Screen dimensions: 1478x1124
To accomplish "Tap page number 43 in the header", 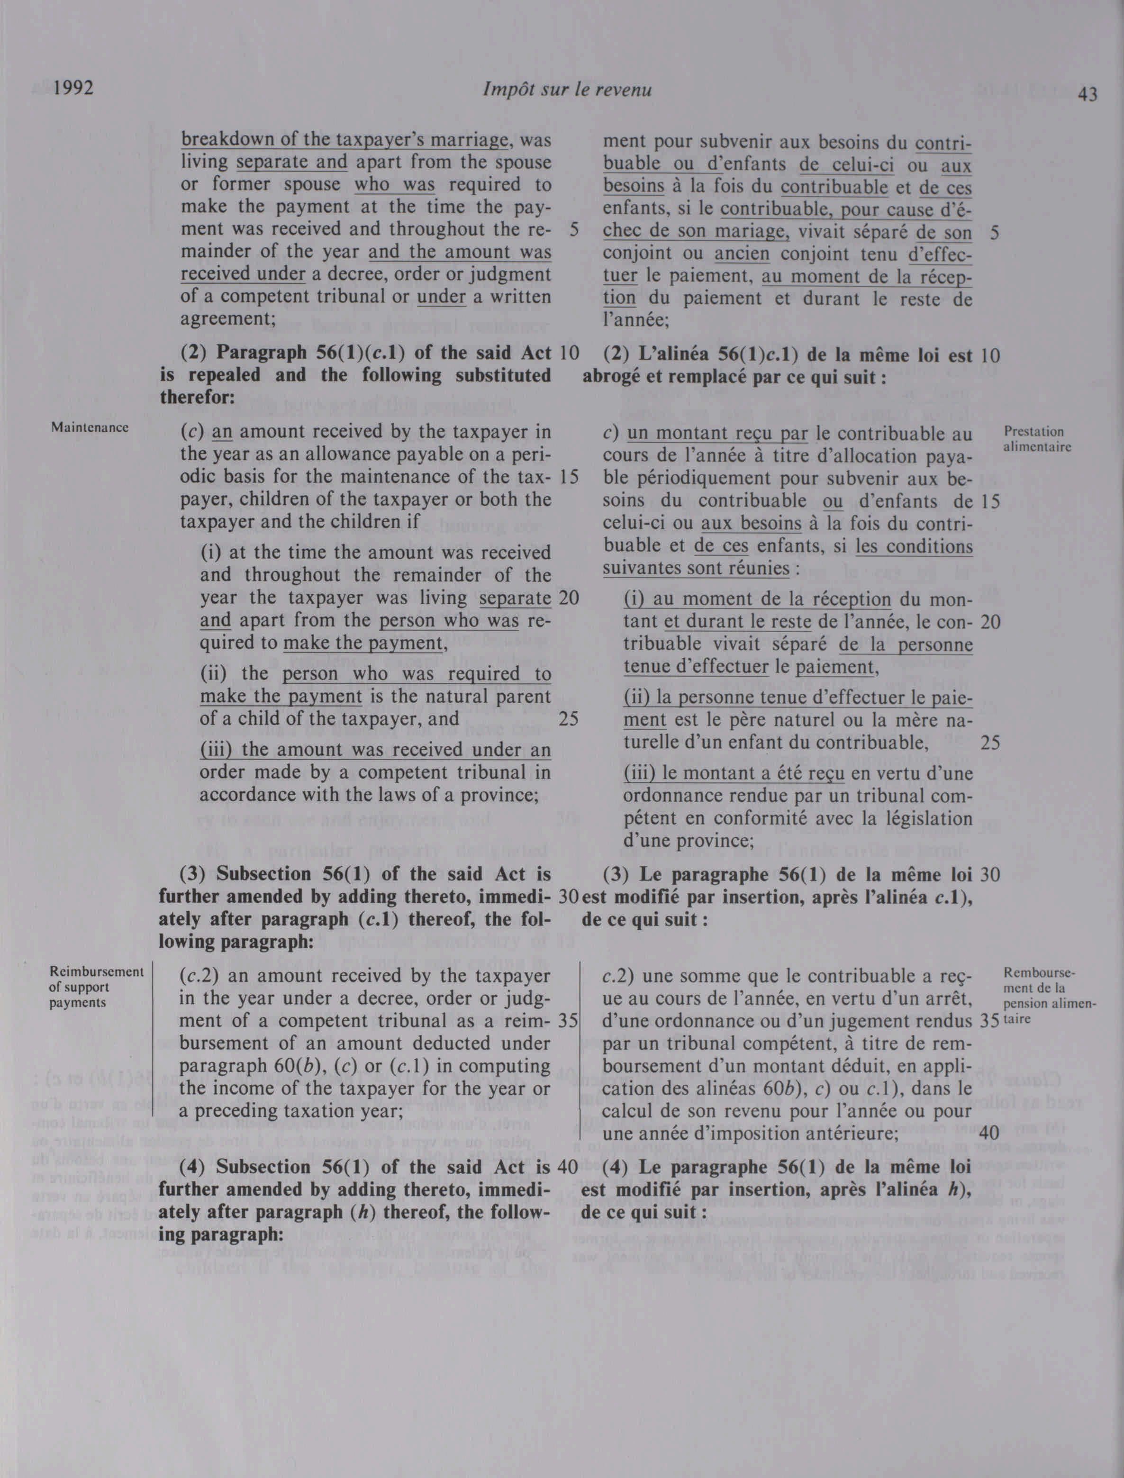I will point(1088,95).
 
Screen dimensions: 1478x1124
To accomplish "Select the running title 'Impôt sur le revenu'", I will point(567,90).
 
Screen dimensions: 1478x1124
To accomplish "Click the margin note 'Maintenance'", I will point(90,427).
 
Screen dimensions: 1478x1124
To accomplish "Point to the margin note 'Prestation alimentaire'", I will point(1037,438).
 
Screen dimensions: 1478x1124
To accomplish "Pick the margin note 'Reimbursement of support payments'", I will point(96,987).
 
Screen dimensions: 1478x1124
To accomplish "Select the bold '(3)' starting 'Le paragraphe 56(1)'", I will point(619,874).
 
